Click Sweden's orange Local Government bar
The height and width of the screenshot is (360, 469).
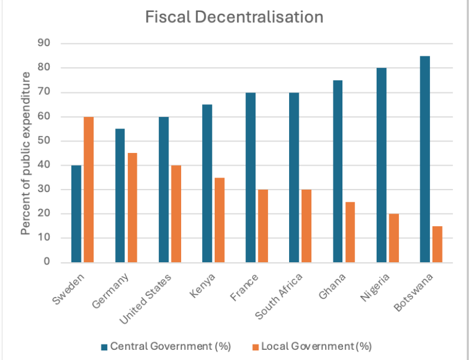[x=89, y=190]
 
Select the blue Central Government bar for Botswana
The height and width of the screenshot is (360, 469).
[x=425, y=159]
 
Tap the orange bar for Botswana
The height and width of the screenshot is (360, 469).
[x=437, y=244]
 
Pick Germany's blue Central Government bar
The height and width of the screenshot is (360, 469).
[x=120, y=196]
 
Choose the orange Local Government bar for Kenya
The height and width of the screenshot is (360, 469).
[x=220, y=220]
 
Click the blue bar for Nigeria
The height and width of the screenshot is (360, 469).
[x=381, y=165]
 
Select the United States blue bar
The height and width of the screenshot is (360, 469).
[x=164, y=190]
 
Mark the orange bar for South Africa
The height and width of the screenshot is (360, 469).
[x=306, y=226]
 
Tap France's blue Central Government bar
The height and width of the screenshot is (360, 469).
[x=251, y=178]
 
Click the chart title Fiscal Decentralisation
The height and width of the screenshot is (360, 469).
[x=235, y=17]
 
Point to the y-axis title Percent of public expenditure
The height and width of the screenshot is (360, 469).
[x=26, y=153]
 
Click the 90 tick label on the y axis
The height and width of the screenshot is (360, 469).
[x=45, y=43]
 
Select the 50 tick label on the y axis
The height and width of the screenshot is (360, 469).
[x=45, y=141]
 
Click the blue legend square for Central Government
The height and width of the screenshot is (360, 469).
[x=104, y=346]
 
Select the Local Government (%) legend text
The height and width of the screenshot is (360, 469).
[x=316, y=346]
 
